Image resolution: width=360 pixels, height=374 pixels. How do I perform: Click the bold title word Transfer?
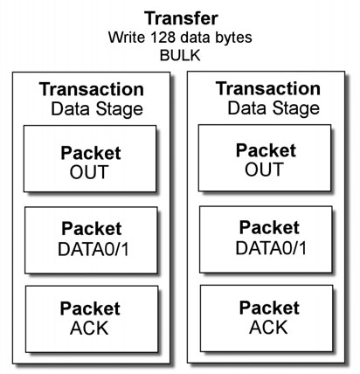[x=181, y=18]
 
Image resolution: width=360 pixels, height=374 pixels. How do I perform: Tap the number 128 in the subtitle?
[x=163, y=38]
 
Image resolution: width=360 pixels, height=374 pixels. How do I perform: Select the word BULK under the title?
[x=180, y=55]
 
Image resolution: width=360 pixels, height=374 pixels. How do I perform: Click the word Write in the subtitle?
[x=128, y=38]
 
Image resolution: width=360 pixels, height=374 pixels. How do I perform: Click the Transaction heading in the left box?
[x=92, y=89]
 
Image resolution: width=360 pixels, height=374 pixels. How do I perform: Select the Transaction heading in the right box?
[x=268, y=88]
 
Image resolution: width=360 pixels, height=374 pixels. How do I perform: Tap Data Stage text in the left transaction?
[x=97, y=110]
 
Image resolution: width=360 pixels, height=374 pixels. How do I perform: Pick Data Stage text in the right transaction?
[x=273, y=109]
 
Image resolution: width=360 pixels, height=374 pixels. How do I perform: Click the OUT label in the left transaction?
[x=89, y=172]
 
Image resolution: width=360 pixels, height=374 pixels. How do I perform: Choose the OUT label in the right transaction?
[x=264, y=170]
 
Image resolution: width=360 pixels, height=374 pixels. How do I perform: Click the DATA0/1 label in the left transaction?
[x=93, y=249]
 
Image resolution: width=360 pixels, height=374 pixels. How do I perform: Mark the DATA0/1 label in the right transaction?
[x=271, y=248]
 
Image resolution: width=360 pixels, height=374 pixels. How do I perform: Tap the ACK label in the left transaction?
[x=89, y=328]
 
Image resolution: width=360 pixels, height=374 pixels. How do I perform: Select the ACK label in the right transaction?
[x=268, y=328]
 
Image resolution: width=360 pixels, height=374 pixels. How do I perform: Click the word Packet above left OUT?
[x=91, y=153]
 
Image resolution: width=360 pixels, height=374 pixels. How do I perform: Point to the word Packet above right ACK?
[x=269, y=308]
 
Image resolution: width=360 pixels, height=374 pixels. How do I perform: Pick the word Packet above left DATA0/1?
[x=92, y=229]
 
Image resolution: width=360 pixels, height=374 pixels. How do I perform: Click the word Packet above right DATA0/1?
[x=269, y=228]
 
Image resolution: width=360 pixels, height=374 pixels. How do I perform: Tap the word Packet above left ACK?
[x=90, y=308]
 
